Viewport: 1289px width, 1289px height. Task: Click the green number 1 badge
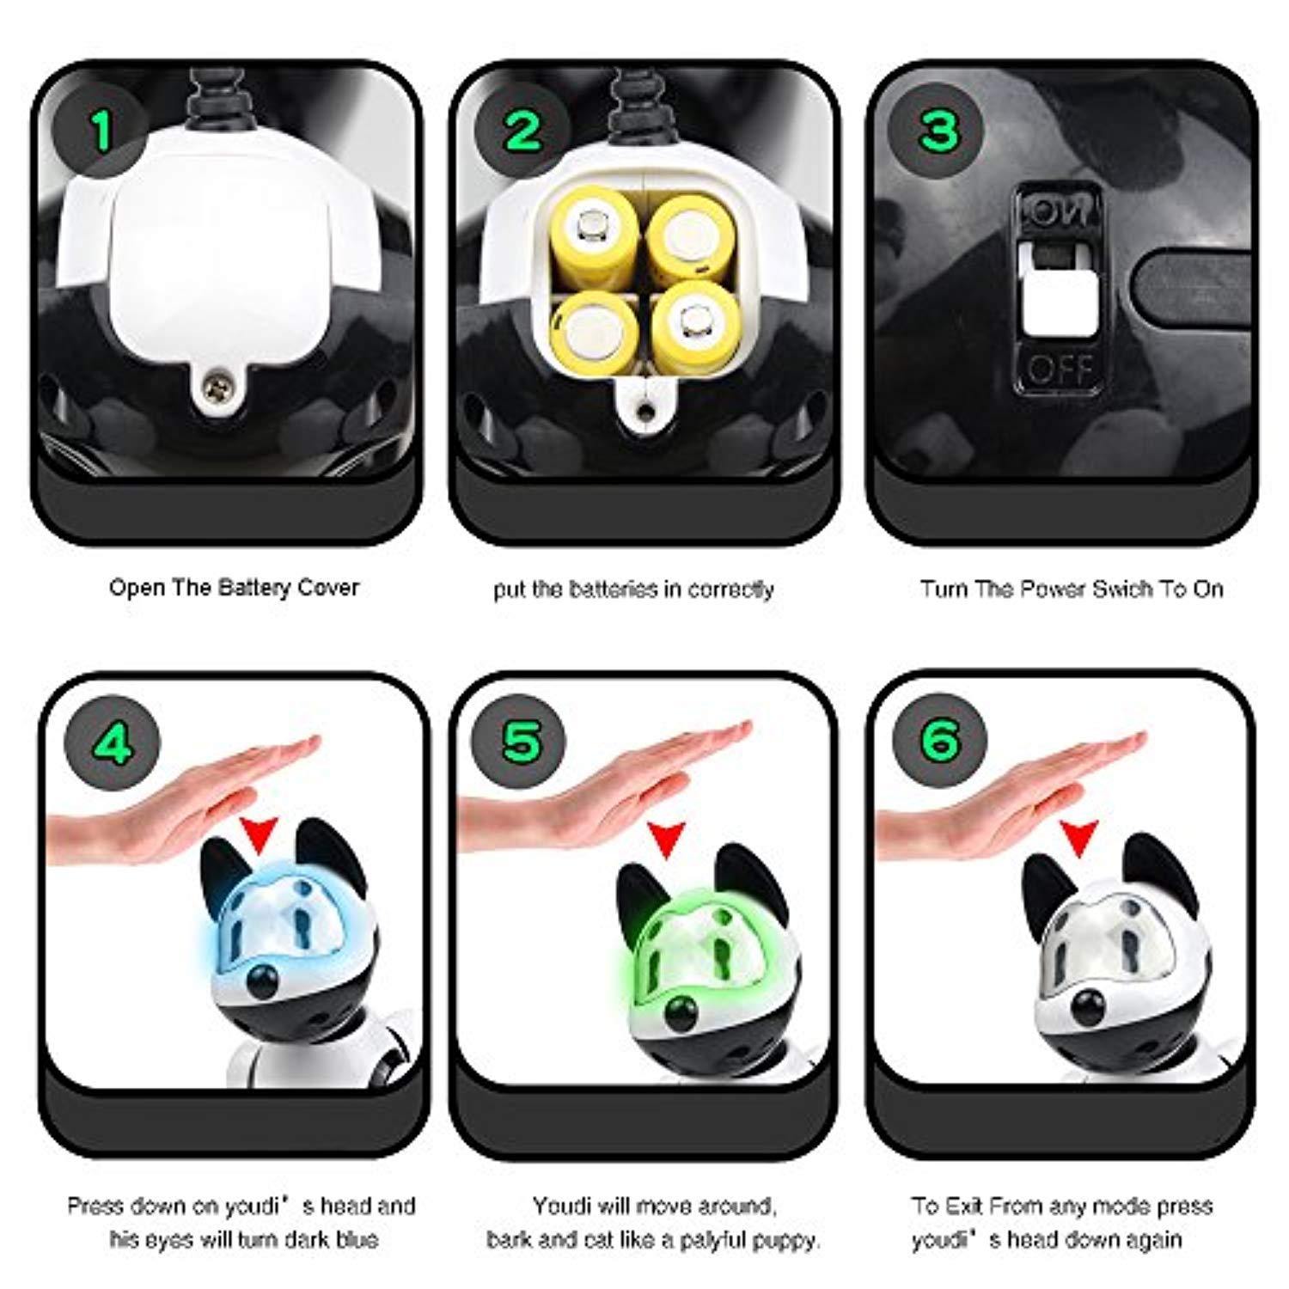click(x=102, y=131)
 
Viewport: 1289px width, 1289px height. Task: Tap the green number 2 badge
click(x=522, y=131)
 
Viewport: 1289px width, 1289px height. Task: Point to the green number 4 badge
click(x=113, y=742)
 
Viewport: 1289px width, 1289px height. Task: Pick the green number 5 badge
click(x=522, y=742)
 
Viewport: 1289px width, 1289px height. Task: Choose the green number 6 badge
click(x=939, y=742)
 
